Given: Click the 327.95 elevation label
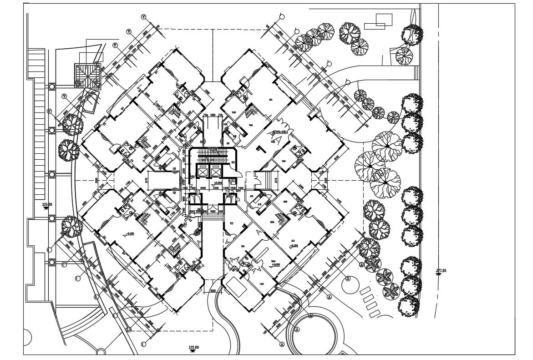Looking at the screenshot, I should coord(440,271).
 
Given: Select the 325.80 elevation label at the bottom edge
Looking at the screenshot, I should coord(194,348).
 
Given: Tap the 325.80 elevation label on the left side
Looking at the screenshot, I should coord(47,205).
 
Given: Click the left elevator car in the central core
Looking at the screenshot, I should coord(202,172).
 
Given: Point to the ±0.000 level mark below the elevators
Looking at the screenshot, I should coord(211,183).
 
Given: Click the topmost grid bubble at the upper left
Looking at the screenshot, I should coord(144,17).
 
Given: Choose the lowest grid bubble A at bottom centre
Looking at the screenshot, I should coord(283,344).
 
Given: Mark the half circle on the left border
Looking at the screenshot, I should coord(26,338).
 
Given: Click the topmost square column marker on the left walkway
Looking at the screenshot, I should coord(52,86).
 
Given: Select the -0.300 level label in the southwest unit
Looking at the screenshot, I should coord(129,233).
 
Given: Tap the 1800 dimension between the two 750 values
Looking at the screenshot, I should coord(213,115).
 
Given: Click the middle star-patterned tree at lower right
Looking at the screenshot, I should coord(385,276).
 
